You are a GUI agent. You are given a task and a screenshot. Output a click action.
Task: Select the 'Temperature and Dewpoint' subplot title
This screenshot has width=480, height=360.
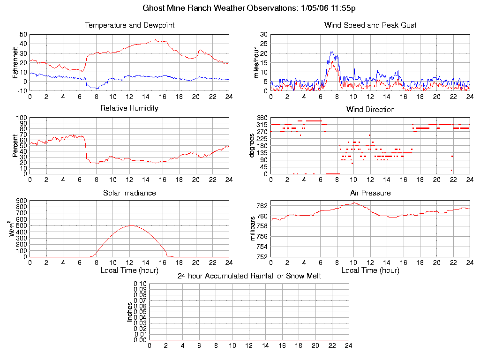click(129, 25)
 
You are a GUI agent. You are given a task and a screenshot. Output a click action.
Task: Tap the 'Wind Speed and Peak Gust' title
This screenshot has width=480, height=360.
click(370, 25)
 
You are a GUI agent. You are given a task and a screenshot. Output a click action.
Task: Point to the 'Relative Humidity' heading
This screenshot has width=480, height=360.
click(129, 108)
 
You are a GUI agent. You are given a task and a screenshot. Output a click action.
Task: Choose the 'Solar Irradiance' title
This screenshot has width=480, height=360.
click(129, 193)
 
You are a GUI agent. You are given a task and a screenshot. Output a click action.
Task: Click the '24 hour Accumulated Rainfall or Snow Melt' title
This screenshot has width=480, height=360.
click(249, 276)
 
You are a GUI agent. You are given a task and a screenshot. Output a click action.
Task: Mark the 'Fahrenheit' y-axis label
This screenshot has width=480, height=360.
click(15, 62)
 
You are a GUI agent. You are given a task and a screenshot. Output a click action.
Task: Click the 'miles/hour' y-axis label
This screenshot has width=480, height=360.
click(256, 62)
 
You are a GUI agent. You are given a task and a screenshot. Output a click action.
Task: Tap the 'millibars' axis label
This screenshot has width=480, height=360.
click(253, 228)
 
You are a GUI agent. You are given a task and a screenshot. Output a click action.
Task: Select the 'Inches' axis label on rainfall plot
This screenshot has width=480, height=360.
click(130, 312)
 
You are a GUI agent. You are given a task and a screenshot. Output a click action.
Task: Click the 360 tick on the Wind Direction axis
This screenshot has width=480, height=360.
click(262, 118)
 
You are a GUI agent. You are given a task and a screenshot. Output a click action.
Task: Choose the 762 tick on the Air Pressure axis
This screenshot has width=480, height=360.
click(262, 206)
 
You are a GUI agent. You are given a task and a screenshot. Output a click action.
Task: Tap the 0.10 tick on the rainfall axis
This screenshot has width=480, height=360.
click(140, 284)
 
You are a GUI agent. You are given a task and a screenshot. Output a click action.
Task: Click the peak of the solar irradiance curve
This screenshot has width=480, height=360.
click(130, 225)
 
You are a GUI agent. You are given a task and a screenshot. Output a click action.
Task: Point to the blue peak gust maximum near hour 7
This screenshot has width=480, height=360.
click(331, 52)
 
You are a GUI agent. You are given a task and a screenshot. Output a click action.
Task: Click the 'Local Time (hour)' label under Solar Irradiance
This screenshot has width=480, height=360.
click(129, 270)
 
